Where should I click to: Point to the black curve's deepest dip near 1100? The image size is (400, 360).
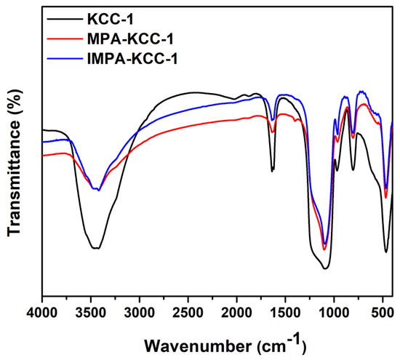click(325, 268)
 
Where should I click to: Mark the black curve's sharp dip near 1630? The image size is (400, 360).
click(273, 171)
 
